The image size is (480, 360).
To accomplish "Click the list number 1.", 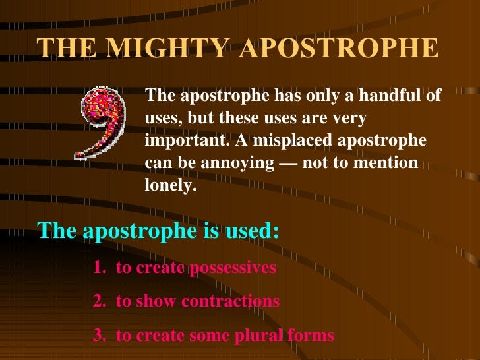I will pos(99,268).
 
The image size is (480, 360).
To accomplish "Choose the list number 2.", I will pos(99,301).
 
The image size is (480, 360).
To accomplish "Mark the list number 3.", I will pos(99,335).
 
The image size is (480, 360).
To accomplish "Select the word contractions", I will pos(230,301).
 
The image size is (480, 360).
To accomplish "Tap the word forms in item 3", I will pos(311,335).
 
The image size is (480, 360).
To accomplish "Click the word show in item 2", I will pos(156,301).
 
